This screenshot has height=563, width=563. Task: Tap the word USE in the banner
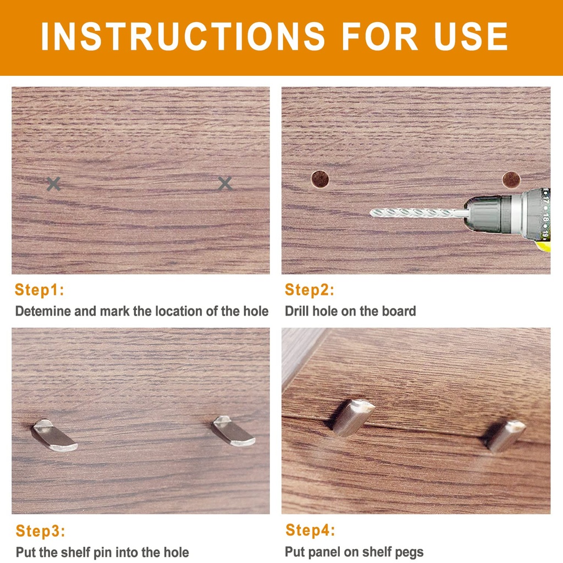471,36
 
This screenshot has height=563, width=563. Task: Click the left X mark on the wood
53,184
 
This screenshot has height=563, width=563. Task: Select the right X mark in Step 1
225,184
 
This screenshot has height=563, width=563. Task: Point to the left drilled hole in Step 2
320,179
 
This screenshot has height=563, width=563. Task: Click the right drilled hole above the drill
511,180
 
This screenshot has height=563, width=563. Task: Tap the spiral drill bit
418,213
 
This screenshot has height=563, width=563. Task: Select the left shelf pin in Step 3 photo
54,435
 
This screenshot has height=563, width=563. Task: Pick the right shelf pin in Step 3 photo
233,431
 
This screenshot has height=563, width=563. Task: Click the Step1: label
40,290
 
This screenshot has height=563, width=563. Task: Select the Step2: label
310,290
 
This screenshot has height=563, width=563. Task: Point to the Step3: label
41,531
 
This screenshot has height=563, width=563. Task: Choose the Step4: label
310,531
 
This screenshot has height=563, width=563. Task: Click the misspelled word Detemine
43,311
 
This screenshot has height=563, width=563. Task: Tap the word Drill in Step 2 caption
297,311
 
